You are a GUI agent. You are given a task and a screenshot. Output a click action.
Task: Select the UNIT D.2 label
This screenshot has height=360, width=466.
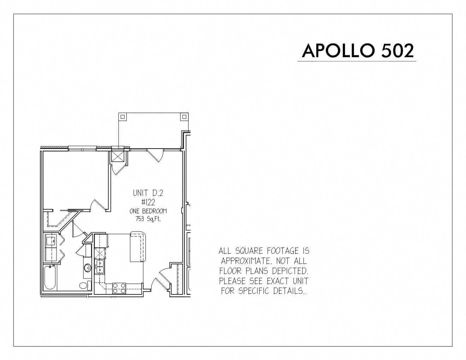[148, 193]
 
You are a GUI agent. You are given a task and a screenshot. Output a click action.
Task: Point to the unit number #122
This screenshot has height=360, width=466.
[148, 202]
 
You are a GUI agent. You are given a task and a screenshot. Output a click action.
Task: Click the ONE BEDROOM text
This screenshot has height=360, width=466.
[148, 211]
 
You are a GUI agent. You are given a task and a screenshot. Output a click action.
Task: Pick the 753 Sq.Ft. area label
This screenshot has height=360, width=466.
[148, 219]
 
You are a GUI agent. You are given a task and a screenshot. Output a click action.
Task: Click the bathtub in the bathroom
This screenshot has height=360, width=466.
[50, 278]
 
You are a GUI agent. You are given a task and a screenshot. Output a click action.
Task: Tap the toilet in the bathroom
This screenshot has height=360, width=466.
[85, 286]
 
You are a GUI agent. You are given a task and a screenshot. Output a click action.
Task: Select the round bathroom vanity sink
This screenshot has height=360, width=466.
[87, 268]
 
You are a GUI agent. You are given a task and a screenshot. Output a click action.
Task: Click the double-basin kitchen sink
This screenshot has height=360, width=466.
[100, 266]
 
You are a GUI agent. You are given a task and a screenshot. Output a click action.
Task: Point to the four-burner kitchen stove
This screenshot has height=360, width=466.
[119, 288]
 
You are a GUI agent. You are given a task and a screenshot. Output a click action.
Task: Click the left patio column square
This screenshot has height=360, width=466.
[123, 116]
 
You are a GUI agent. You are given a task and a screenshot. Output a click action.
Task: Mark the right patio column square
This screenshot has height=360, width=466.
[184, 116]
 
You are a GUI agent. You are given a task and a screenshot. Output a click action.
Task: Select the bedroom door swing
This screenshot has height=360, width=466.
[98, 205]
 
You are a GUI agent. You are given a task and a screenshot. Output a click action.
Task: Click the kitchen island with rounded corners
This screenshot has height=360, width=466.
[138, 247]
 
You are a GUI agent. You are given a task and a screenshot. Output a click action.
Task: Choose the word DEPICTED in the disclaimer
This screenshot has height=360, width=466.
[290, 271]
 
